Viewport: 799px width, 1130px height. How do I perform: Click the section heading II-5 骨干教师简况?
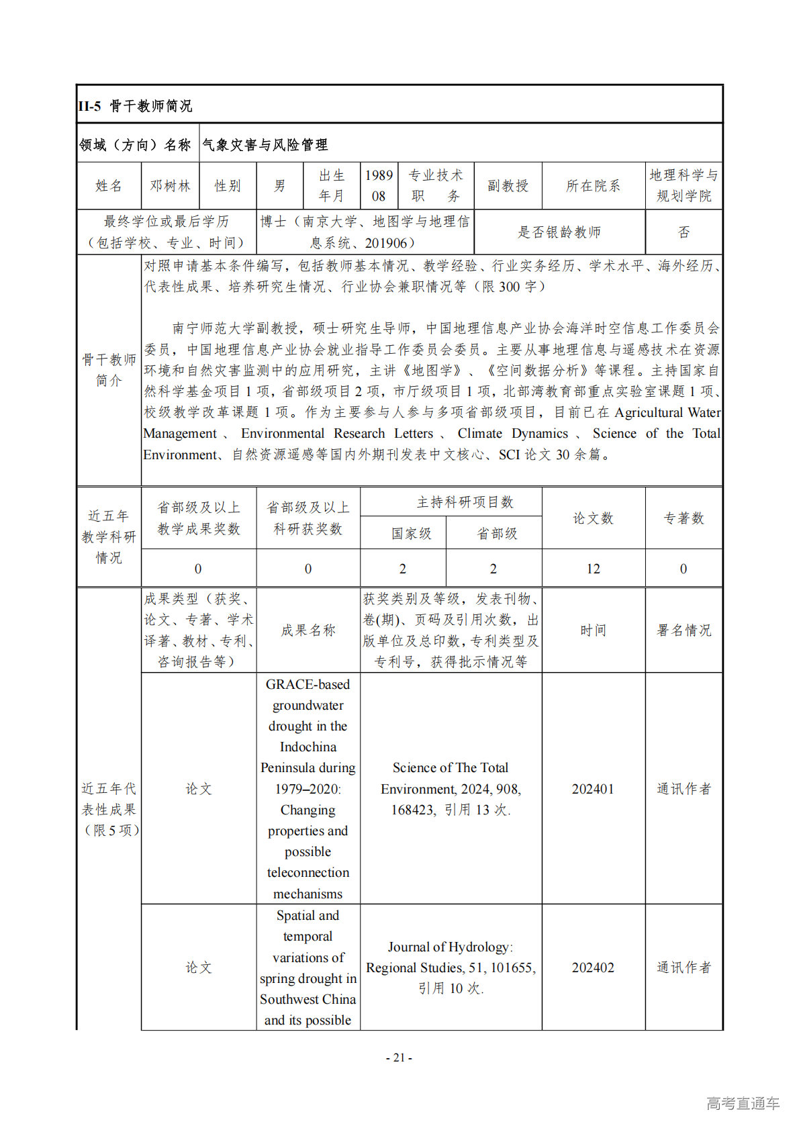[x=135, y=106]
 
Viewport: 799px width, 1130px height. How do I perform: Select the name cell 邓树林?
[x=170, y=186]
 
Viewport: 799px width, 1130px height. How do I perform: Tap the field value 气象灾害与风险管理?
[x=265, y=144]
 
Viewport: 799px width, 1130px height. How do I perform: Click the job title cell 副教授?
[x=508, y=186]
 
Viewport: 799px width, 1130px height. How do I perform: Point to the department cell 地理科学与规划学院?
[x=684, y=186]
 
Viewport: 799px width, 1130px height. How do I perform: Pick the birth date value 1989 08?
[x=379, y=186]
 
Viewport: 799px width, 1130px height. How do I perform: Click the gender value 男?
[x=279, y=186]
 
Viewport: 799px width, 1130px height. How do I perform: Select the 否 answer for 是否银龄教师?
[x=684, y=232]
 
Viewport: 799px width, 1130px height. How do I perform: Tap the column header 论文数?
[x=593, y=518]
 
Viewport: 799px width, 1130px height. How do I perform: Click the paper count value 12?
[x=593, y=569]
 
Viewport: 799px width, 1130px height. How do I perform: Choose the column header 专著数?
[x=684, y=518]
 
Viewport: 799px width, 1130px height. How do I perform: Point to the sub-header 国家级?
[x=411, y=534]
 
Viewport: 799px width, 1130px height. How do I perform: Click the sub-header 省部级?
[x=497, y=534]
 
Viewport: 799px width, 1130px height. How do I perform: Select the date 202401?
[x=593, y=789]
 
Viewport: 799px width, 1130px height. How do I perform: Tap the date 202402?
[x=593, y=968]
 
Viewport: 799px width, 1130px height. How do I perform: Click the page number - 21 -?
[x=399, y=1057]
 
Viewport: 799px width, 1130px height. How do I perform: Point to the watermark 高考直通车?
[x=743, y=1103]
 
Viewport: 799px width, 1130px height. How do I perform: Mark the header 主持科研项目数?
[x=465, y=502]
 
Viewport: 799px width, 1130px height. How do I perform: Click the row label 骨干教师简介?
[x=109, y=370]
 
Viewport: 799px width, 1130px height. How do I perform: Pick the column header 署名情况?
[x=684, y=630]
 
